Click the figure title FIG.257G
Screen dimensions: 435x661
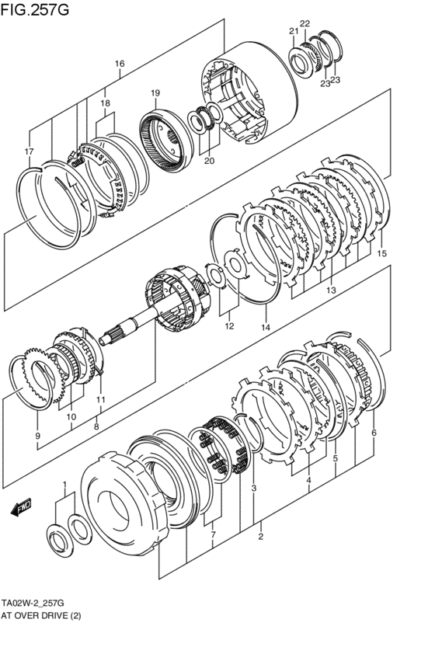click(34, 9)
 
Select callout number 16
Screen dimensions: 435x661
click(120, 64)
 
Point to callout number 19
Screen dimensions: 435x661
click(155, 92)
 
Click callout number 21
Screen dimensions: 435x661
click(294, 31)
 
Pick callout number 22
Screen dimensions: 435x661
click(305, 23)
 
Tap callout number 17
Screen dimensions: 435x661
click(28, 151)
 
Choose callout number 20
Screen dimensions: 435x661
click(210, 161)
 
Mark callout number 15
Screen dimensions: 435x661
click(381, 253)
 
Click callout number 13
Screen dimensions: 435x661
click(331, 290)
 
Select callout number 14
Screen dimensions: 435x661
click(266, 327)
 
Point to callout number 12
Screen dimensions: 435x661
click(229, 326)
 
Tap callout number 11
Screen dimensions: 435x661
click(101, 399)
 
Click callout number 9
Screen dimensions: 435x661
click(37, 437)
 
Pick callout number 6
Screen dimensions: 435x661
click(374, 433)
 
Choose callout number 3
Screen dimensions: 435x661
click(254, 488)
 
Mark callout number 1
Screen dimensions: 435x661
click(64, 484)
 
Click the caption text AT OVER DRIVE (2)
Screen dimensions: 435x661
click(41, 616)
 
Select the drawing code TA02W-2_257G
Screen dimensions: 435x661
click(33, 603)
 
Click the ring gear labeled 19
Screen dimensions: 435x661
click(166, 141)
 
